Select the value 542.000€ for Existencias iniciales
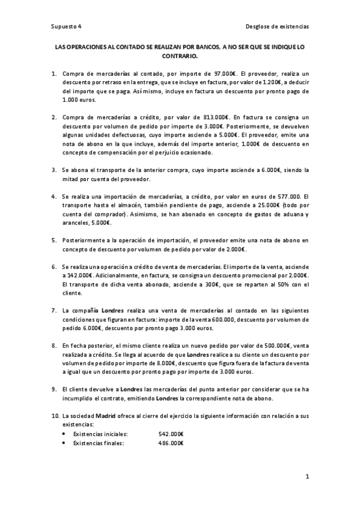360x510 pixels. [171, 434]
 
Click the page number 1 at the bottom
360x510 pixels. [307, 478]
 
